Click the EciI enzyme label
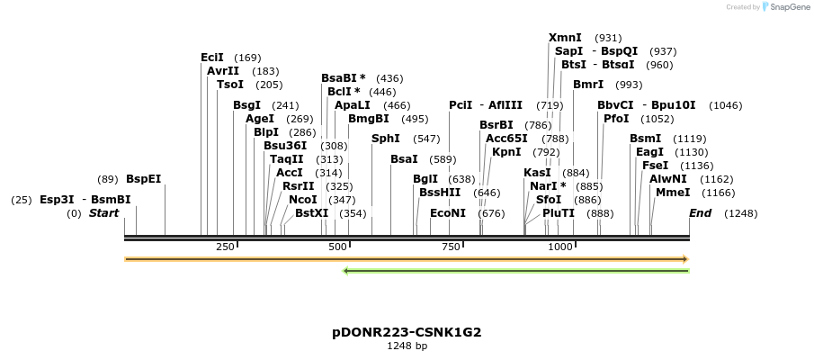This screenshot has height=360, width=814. click(212, 58)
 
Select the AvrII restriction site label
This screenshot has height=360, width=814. click(223, 71)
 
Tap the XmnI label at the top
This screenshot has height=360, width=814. click(565, 38)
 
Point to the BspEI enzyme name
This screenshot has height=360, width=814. click(143, 179)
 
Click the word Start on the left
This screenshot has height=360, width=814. click(103, 213)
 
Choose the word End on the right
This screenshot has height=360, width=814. click(701, 213)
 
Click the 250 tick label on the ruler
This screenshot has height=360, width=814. click(225, 247)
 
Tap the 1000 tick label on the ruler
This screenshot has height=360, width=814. click(559, 247)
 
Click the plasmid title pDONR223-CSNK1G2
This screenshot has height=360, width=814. click(407, 332)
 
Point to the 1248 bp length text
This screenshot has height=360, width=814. click(407, 346)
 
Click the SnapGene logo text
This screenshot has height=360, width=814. click(789, 7)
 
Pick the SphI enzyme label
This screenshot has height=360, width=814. click(386, 139)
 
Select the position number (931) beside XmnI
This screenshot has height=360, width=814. click(608, 38)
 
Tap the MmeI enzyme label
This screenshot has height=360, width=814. click(672, 193)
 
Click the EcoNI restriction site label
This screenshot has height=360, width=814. click(448, 213)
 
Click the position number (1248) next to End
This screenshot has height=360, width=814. click(740, 213)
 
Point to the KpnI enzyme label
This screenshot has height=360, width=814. click(506, 152)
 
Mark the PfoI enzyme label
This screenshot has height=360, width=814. click(616, 119)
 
